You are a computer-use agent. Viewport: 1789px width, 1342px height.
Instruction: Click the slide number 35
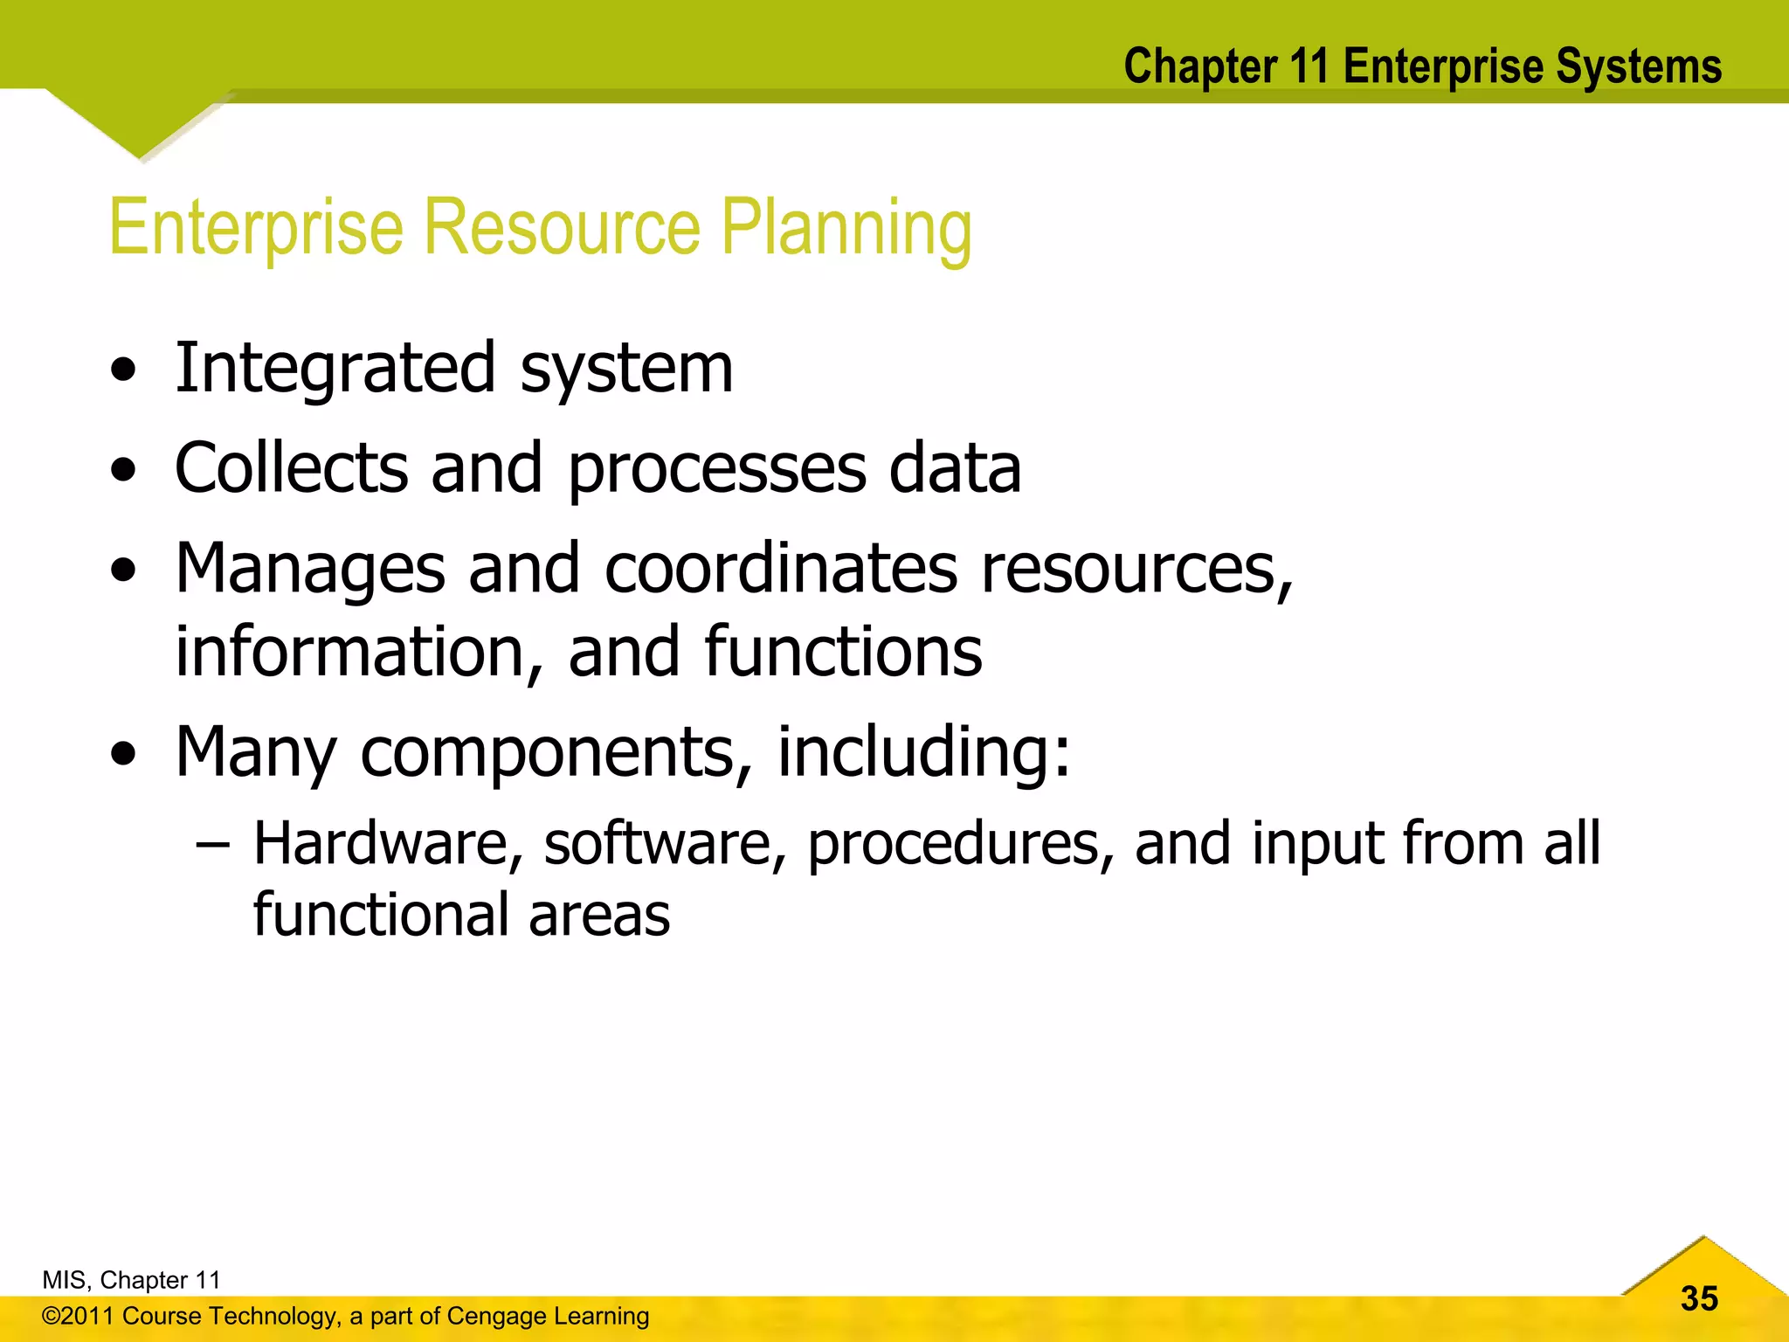tap(1699, 1298)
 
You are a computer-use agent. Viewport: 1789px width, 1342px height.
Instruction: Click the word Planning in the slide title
tap(846, 229)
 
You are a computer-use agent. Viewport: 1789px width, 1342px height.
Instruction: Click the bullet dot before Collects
tap(124, 471)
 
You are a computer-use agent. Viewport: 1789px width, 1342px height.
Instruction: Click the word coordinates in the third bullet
tap(781, 570)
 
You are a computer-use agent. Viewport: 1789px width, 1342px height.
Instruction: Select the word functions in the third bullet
tap(843, 652)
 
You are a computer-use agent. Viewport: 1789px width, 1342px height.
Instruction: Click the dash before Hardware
tap(213, 845)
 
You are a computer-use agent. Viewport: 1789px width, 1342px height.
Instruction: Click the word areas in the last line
tap(599, 916)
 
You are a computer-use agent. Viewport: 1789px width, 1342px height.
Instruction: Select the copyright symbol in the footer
tap(51, 1317)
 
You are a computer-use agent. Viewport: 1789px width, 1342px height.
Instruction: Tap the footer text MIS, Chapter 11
tap(131, 1280)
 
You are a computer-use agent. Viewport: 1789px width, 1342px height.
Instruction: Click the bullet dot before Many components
tap(124, 754)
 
